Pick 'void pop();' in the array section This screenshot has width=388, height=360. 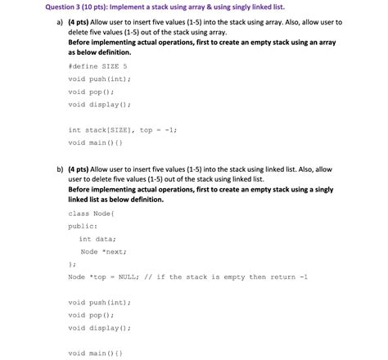tap(92, 92)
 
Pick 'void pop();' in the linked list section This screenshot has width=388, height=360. tap(92, 315)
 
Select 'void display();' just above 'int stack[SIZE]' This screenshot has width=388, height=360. tap(100, 105)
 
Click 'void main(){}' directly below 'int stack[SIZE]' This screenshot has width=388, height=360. tap(96, 142)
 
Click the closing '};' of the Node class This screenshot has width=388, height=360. tap(72, 264)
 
